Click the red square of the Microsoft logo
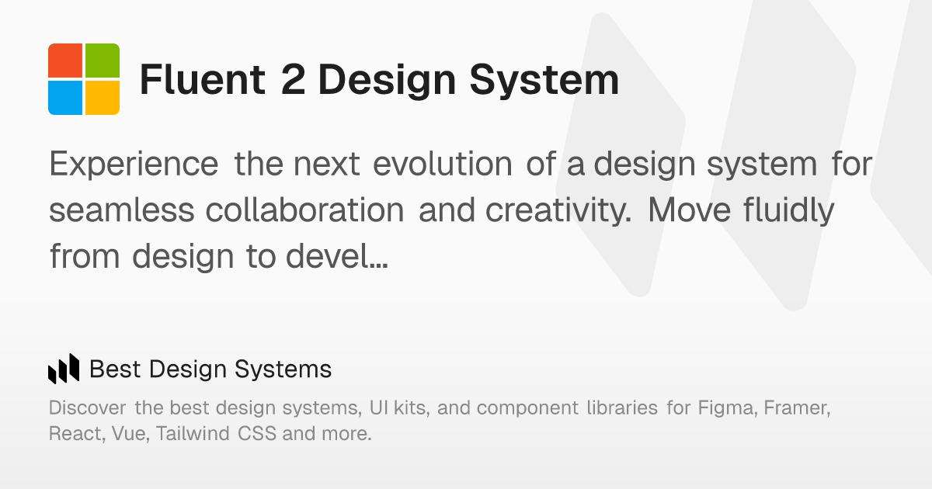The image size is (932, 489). click(x=65, y=61)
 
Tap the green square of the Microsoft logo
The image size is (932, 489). click(x=103, y=61)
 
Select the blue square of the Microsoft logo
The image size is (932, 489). click(x=65, y=98)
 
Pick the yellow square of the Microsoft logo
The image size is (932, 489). click(x=103, y=98)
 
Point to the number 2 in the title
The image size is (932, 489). click(x=293, y=80)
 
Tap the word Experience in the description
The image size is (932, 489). click(x=134, y=165)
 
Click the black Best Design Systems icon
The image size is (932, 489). click(x=64, y=369)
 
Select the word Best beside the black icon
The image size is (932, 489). click(x=115, y=369)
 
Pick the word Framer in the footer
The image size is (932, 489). click(x=798, y=407)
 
